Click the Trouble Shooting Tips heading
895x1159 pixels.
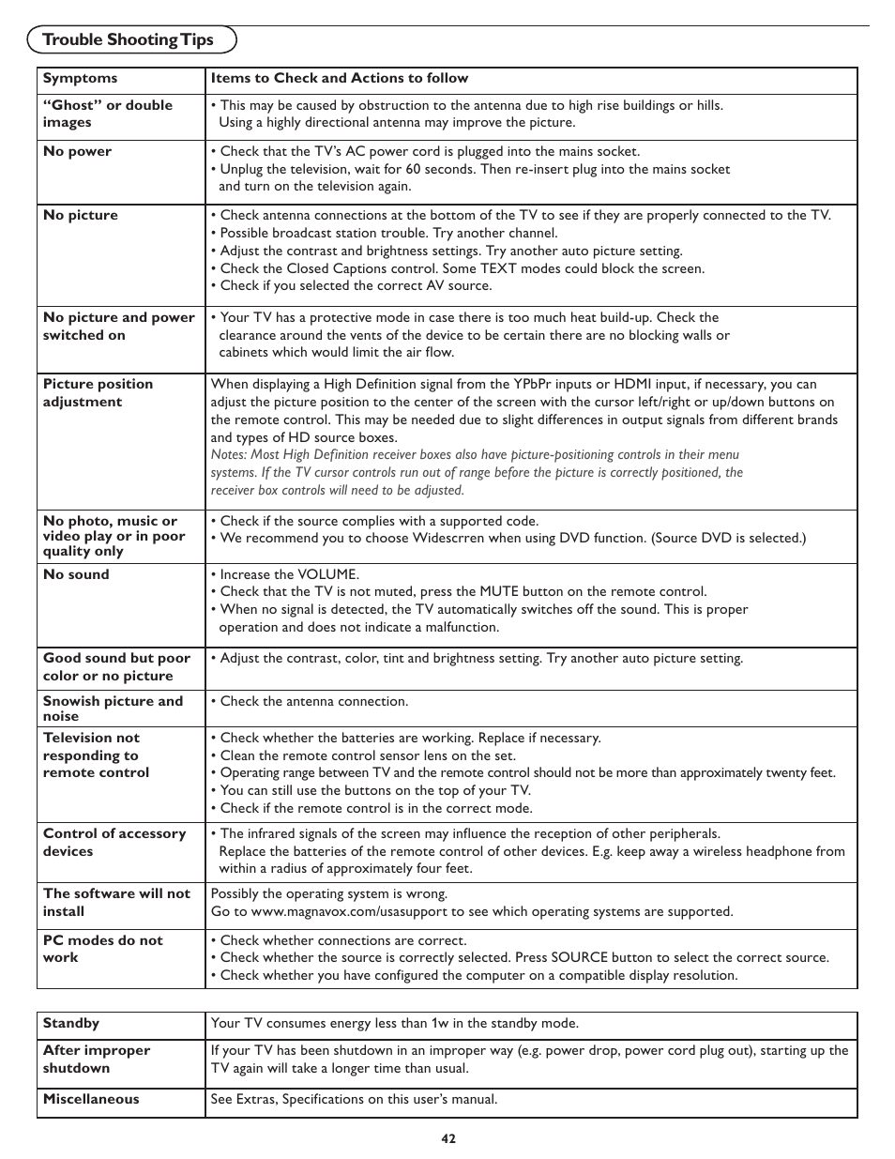click(x=129, y=39)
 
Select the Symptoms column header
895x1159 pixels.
click(x=80, y=79)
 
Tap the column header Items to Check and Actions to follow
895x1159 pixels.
click(x=339, y=79)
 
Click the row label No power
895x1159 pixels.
click(x=77, y=151)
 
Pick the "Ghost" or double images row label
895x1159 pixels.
click(x=107, y=114)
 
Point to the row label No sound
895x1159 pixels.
click(x=76, y=574)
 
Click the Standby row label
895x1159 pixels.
click(x=70, y=1023)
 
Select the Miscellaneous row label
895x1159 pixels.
click(x=90, y=1099)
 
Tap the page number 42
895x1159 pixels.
click(x=447, y=1138)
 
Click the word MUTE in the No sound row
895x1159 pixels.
click(x=499, y=592)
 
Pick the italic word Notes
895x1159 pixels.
click(x=228, y=455)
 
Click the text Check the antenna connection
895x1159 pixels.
click(x=314, y=701)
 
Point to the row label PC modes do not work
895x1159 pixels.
click(x=102, y=949)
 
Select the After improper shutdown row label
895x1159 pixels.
click(x=96, y=1060)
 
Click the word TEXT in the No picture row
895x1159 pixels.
click(x=500, y=268)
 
